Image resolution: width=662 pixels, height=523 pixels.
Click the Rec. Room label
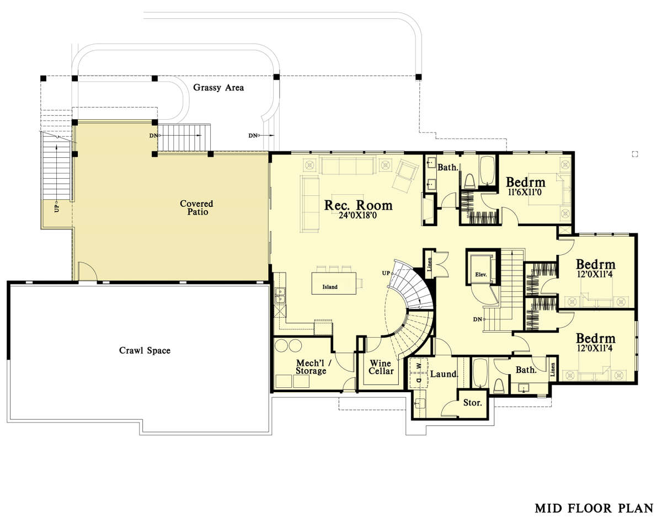[359, 205]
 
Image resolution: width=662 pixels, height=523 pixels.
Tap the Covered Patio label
[196, 207]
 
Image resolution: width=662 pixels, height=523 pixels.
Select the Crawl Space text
[145, 350]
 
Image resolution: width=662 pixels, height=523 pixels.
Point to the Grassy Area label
[218, 88]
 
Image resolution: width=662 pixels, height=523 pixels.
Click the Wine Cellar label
[381, 367]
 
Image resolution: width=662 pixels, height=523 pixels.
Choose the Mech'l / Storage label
[313, 367]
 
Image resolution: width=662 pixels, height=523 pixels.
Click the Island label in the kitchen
[330, 287]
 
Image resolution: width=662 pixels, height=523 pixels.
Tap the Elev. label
[481, 274]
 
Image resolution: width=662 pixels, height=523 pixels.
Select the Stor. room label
[473, 403]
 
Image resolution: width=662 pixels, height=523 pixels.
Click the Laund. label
[444, 374]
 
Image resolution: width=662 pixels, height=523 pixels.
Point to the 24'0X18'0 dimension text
[358, 215]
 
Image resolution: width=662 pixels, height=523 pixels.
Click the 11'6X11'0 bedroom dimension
[525, 193]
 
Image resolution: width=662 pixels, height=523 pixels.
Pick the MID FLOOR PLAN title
[594, 508]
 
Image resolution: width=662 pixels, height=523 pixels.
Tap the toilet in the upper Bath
[469, 181]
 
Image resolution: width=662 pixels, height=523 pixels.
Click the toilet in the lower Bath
[499, 386]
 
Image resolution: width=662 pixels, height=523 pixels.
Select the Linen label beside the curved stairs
[430, 264]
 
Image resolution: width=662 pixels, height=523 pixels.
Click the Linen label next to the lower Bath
[553, 370]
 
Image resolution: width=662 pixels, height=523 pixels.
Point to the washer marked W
[419, 365]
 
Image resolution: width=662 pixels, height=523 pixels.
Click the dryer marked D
[419, 381]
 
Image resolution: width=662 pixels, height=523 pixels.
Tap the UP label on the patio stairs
[56, 209]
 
